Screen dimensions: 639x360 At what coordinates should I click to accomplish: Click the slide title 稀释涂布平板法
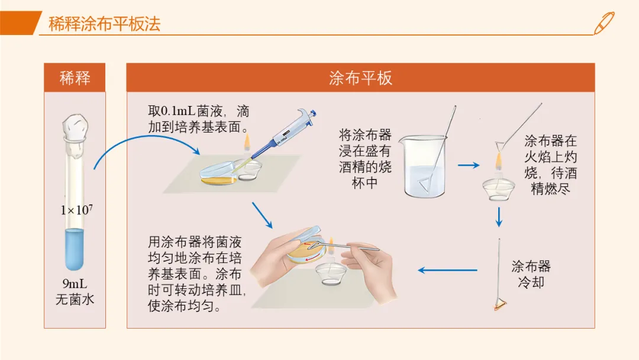click(x=104, y=24)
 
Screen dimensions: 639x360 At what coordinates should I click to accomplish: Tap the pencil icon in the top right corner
click(x=604, y=23)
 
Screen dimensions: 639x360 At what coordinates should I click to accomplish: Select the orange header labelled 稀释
click(x=75, y=78)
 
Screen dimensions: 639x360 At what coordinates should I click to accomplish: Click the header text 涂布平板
click(x=361, y=78)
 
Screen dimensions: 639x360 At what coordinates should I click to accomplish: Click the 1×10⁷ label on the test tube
click(x=76, y=210)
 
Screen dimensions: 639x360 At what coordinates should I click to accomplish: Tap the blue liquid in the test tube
click(x=75, y=249)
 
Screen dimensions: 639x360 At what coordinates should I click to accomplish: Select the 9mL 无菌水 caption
click(x=75, y=291)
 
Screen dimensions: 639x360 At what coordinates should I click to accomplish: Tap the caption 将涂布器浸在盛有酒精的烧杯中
click(x=364, y=159)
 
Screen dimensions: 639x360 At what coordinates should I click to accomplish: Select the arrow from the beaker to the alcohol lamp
click(x=469, y=165)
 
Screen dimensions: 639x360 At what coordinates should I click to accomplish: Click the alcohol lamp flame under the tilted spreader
click(x=498, y=160)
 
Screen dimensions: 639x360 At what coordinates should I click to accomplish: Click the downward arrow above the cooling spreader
click(x=499, y=217)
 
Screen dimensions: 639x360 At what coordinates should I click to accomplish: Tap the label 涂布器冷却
click(x=531, y=274)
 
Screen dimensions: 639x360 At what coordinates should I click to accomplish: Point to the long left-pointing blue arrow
click(x=447, y=270)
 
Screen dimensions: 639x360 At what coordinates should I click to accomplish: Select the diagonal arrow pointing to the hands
click(x=263, y=216)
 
